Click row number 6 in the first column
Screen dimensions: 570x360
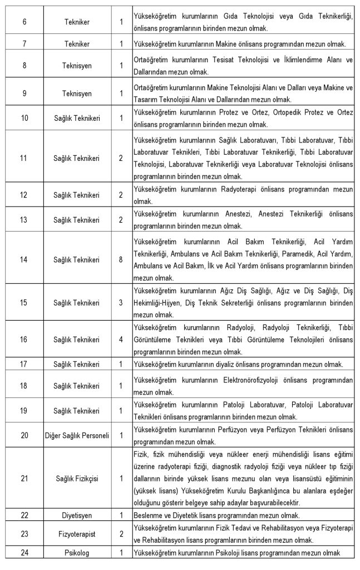[x=24, y=22]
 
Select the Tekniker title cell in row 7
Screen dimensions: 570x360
[x=77, y=43]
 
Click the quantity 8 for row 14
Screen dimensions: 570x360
[x=121, y=259]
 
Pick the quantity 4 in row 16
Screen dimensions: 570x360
[x=121, y=339]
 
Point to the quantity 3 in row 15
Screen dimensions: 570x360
[x=121, y=303]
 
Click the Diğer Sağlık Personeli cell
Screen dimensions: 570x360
[x=77, y=435]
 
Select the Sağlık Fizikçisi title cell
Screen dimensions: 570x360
[x=77, y=478]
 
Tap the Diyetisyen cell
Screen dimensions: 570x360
[x=77, y=515]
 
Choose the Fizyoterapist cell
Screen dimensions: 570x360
[x=77, y=534]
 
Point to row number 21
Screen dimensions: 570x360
[x=24, y=478]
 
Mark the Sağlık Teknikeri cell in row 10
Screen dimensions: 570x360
[x=77, y=118]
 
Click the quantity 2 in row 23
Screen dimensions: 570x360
[x=121, y=534]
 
